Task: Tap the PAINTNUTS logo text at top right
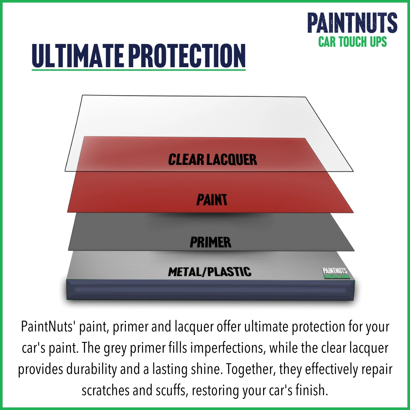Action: (352, 23)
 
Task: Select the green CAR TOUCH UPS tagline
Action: (352, 41)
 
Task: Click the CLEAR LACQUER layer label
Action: (213, 160)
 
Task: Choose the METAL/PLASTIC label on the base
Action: (210, 271)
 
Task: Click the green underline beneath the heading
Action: (139, 69)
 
